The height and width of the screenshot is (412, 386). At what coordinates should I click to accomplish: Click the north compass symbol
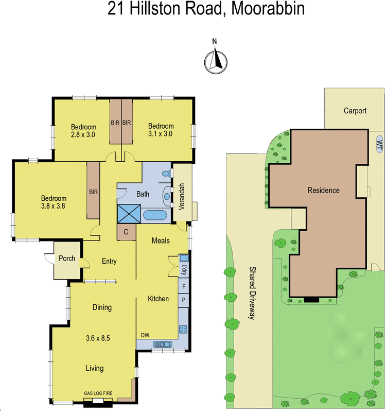click(215, 61)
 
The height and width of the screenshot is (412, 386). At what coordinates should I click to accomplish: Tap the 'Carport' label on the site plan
click(355, 111)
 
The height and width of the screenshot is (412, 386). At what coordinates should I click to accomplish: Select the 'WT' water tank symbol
click(379, 143)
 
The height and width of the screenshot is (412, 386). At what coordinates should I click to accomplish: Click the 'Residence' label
click(323, 191)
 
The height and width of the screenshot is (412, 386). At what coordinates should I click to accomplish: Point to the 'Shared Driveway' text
click(252, 293)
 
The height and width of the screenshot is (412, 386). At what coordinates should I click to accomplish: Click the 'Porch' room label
click(67, 259)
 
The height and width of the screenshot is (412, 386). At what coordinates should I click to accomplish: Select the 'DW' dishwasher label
click(145, 335)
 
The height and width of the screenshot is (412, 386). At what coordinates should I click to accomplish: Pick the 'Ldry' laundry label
click(184, 269)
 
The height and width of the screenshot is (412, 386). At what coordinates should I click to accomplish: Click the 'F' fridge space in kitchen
click(184, 286)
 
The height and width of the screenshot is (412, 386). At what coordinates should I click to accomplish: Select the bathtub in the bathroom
click(155, 215)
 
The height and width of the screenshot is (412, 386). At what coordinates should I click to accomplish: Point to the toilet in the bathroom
click(166, 174)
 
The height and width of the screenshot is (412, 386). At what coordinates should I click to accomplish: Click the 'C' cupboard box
click(126, 232)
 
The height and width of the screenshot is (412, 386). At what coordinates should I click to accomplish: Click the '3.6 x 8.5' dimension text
click(98, 338)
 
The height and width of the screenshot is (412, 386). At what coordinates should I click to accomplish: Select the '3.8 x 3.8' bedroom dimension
click(54, 207)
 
